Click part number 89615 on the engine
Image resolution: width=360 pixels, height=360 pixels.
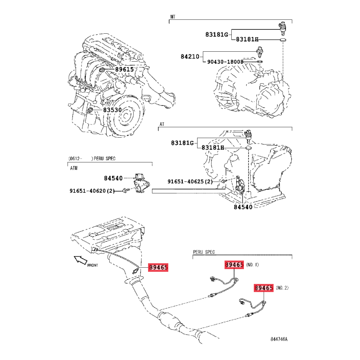pos(124,69)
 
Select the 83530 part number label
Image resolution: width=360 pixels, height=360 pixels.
pos(112,110)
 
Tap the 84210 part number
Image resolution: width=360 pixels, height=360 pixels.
pos(190,57)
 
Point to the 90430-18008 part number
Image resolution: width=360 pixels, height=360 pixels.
pos(225,62)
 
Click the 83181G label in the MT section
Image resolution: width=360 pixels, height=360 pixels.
pos(217,35)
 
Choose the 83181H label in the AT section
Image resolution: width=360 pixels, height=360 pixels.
pos(212,148)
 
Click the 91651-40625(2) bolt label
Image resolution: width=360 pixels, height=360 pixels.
pos(190,181)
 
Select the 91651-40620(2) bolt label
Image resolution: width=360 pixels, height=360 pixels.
pos(92,191)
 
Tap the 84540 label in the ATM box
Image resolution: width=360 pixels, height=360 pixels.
pos(113,178)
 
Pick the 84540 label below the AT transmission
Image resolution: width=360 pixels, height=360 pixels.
pos(243,207)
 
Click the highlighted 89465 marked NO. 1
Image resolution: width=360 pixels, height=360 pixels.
pos(234,265)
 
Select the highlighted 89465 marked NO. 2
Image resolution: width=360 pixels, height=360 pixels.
pos(264,288)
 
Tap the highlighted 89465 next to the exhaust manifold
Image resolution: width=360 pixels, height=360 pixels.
pos(158,267)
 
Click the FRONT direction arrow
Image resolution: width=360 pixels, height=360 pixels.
pos(81,260)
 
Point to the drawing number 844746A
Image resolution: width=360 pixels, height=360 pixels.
pos(279,339)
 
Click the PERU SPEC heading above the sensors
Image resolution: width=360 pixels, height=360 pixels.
pos(204,252)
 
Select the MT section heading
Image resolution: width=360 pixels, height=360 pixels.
pos(173,17)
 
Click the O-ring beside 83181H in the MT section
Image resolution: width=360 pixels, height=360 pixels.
pos(283,40)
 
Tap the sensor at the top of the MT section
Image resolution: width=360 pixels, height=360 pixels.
pos(283,29)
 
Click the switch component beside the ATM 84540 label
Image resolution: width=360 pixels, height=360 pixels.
pos(141,184)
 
